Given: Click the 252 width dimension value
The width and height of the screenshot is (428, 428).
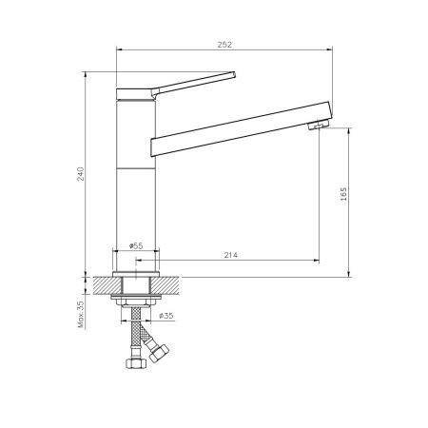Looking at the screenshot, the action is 224,45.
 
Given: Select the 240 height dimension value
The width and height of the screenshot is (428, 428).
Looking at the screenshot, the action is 81,174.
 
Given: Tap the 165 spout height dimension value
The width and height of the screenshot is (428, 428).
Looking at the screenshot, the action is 343,194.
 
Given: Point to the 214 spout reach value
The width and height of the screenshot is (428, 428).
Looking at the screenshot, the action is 230,255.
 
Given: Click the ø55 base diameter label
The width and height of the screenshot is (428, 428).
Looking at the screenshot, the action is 136,245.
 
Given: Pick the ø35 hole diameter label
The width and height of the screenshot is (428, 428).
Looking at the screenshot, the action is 166,316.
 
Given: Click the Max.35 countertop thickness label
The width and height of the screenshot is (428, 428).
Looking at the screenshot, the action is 81,314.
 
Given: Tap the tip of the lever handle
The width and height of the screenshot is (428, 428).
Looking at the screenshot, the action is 234,74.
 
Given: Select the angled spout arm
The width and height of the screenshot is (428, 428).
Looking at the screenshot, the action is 241,128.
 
